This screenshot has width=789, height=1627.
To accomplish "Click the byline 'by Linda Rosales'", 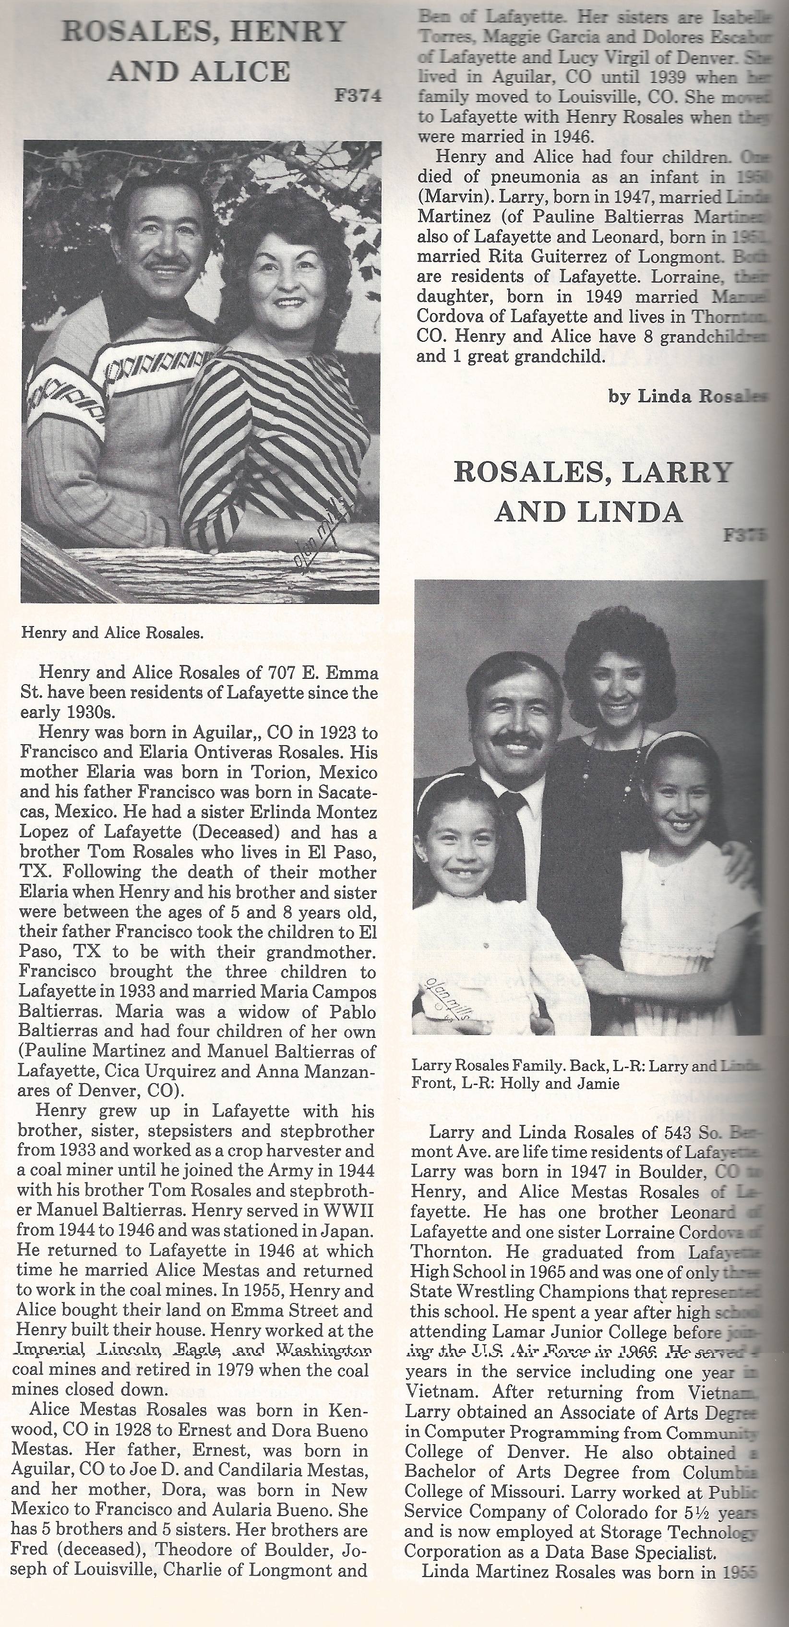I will coord(686,396).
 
